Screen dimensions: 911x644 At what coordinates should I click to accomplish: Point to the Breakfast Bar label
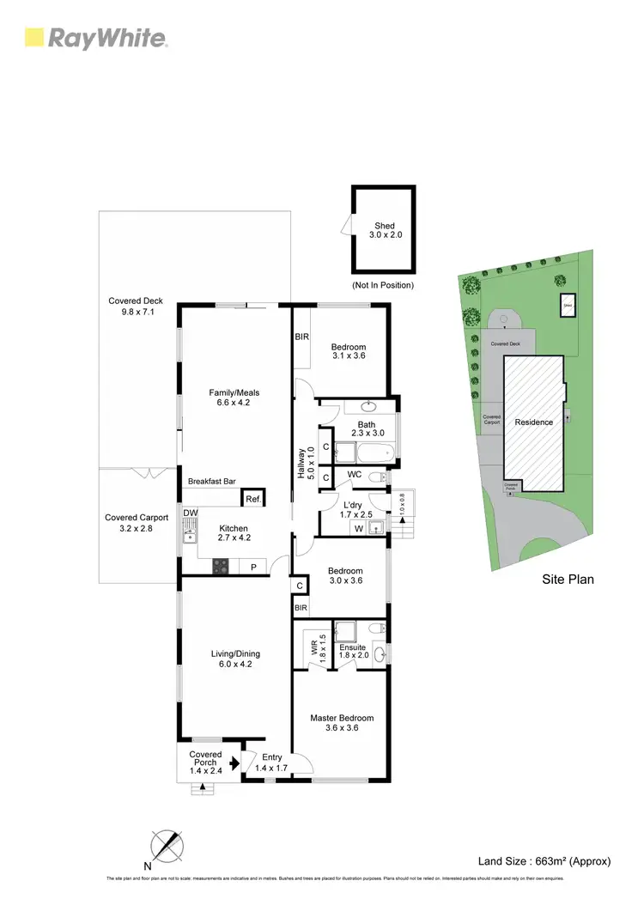coord(212,482)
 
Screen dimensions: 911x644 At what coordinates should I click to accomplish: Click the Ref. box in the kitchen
coord(252,499)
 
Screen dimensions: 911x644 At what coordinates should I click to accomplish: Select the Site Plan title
coord(568,580)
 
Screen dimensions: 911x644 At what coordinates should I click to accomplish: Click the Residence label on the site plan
coord(533,422)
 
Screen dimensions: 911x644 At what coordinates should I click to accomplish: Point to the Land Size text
coord(544,860)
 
